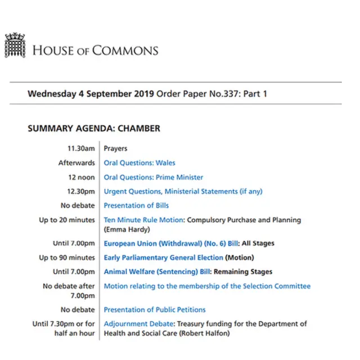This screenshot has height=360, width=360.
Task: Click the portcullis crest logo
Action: click(15, 45)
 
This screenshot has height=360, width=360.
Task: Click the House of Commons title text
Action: click(95, 50)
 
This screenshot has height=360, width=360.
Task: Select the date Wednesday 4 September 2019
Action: click(91, 93)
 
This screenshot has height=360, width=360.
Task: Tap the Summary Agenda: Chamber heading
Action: click(93, 128)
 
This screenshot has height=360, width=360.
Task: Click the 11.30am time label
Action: click(81, 148)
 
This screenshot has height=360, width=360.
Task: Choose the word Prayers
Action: click(115, 148)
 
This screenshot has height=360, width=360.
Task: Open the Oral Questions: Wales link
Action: click(139, 163)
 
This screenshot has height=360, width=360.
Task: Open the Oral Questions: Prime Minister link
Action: click(154, 177)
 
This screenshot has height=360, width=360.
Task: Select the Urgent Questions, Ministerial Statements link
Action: click(183, 191)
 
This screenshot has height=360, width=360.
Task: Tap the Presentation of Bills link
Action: click(136, 205)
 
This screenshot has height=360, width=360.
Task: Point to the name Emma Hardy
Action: click(127, 229)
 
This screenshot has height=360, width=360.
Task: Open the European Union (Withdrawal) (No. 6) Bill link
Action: click(172, 244)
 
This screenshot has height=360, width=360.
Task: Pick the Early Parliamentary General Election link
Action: click(163, 258)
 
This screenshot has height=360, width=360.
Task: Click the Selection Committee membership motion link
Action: click(207, 286)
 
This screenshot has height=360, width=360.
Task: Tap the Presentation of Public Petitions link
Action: click(155, 309)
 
